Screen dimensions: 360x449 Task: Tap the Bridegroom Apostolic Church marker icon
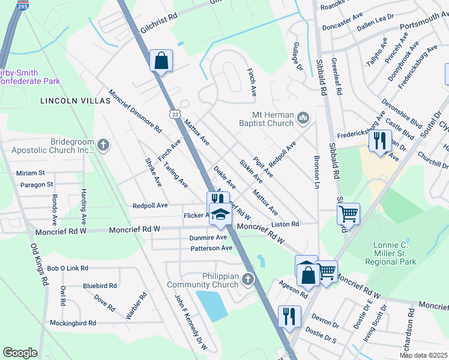(103, 145)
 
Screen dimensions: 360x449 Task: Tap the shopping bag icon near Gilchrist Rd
(161, 61)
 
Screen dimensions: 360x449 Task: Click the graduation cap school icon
(220, 215)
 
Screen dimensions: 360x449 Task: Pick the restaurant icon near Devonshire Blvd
(379, 141)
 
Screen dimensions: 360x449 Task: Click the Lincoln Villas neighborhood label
(75, 101)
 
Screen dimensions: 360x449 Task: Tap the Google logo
(20, 353)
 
